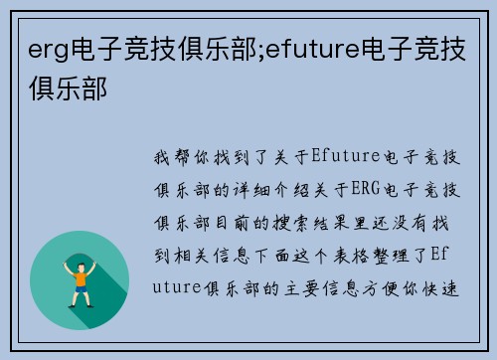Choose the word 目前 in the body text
(x=228, y=218)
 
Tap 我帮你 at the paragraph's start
(x=174, y=156)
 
